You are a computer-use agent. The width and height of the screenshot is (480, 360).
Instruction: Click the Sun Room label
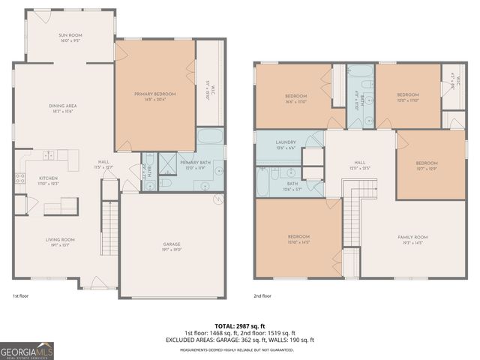coord(70,35)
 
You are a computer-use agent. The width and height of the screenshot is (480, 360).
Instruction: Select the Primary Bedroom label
coord(154,94)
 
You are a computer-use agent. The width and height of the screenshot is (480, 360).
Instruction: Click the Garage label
coord(172,244)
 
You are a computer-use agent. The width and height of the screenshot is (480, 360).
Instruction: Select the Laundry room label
coord(286,142)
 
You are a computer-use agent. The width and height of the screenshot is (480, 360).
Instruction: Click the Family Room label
coord(412,237)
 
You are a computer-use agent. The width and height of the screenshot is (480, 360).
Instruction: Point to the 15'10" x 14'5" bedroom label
coord(298,237)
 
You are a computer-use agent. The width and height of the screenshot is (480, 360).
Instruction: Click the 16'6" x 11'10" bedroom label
coord(295,94)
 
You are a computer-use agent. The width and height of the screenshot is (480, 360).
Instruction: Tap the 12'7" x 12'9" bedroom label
coord(427,163)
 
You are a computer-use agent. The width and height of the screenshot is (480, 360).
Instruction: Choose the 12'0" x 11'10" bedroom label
coord(407,94)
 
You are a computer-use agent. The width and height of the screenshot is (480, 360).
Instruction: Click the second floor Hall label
coord(360,161)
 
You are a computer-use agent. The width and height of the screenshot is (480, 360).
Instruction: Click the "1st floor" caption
coord(21,296)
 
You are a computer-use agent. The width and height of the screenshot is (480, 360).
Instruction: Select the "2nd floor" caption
coord(262,296)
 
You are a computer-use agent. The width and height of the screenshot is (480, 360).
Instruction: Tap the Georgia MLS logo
coord(25,349)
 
